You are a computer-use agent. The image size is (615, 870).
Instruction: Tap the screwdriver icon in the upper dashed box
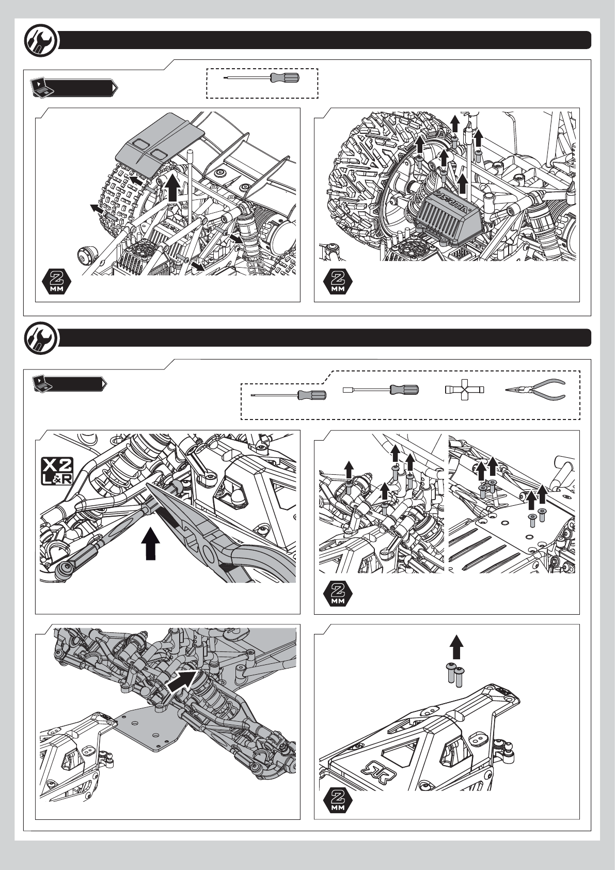coord(263,78)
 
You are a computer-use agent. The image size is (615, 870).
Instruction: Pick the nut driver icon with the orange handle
coord(381,390)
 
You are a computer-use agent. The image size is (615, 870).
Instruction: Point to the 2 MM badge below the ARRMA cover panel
coord(338,281)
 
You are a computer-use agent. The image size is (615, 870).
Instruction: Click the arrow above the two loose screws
coord(456,647)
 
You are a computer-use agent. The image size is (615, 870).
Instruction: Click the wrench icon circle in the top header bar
coord(41,41)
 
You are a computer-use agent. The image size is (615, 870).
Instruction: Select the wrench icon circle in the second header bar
coord(41,339)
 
